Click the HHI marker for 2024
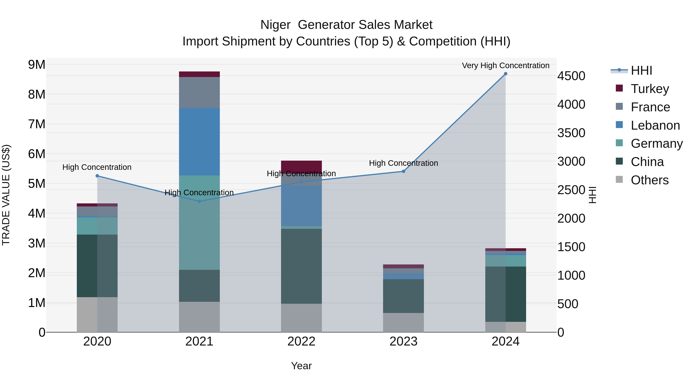506,74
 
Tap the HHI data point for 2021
199,201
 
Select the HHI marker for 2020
97,176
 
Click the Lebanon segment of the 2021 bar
199,142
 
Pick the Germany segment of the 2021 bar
199,223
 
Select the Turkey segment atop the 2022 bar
301,165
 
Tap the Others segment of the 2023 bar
403,322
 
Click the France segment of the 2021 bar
199,93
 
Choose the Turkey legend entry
649,89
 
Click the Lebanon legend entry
655,125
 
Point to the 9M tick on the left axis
37,65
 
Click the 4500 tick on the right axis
571,76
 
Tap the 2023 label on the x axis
403,341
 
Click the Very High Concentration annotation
506,65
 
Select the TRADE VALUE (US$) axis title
6,195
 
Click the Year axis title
301,366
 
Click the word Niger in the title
275,25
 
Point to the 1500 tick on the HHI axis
571,247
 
